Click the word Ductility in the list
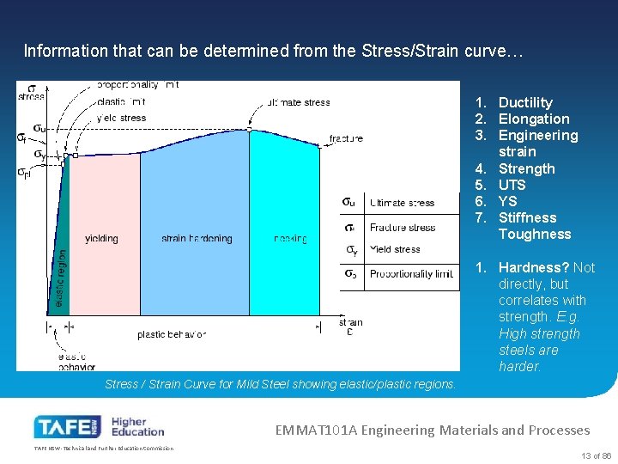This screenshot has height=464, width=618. pyautogui.click(x=525, y=102)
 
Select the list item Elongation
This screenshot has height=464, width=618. pyautogui.click(x=533, y=119)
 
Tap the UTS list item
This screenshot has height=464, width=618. pyautogui.click(x=512, y=185)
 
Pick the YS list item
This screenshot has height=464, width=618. pyautogui.click(x=507, y=201)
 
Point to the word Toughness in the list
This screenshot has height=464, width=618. pyautogui.click(x=534, y=234)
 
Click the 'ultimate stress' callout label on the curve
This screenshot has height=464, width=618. pyautogui.click(x=298, y=102)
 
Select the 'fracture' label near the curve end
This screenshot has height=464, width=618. pyautogui.click(x=345, y=138)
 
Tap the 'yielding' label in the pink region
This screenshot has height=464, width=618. pyautogui.click(x=102, y=238)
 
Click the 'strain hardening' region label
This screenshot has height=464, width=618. pyautogui.click(x=197, y=238)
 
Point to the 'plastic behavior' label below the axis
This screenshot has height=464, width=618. pyautogui.click(x=172, y=334)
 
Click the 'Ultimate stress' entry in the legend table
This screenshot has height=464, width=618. pyautogui.click(x=402, y=203)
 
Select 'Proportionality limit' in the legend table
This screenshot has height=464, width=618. pyautogui.click(x=411, y=273)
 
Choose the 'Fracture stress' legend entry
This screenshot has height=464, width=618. pyautogui.click(x=402, y=227)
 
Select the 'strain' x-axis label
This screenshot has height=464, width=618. pyautogui.click(x=350, y=323)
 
